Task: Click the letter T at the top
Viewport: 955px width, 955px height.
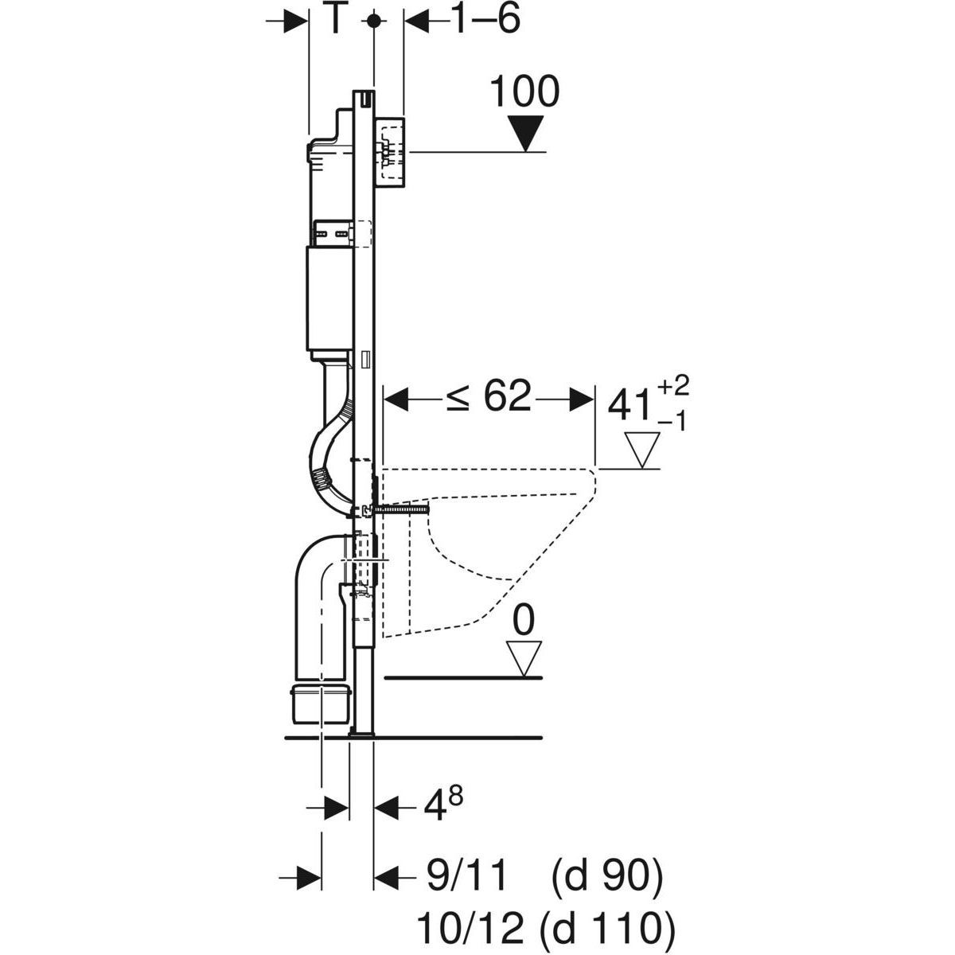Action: pos(337,21)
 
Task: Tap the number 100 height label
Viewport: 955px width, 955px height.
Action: pos(524,92)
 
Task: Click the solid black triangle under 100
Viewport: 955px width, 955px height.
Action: pos(525,132)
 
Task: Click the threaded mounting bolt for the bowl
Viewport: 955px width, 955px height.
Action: pos(402,508)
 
